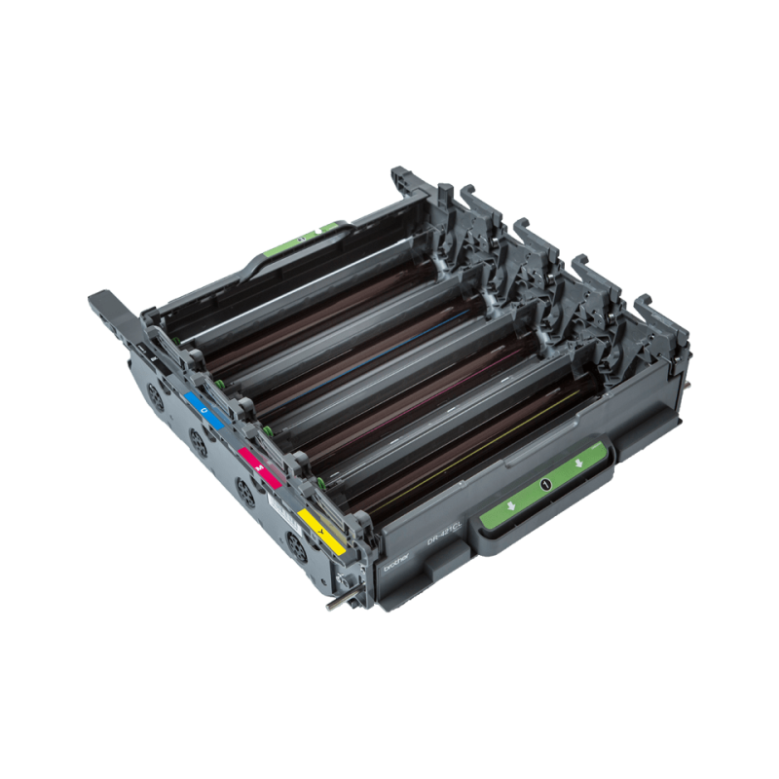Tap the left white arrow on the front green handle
coord(510,506)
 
